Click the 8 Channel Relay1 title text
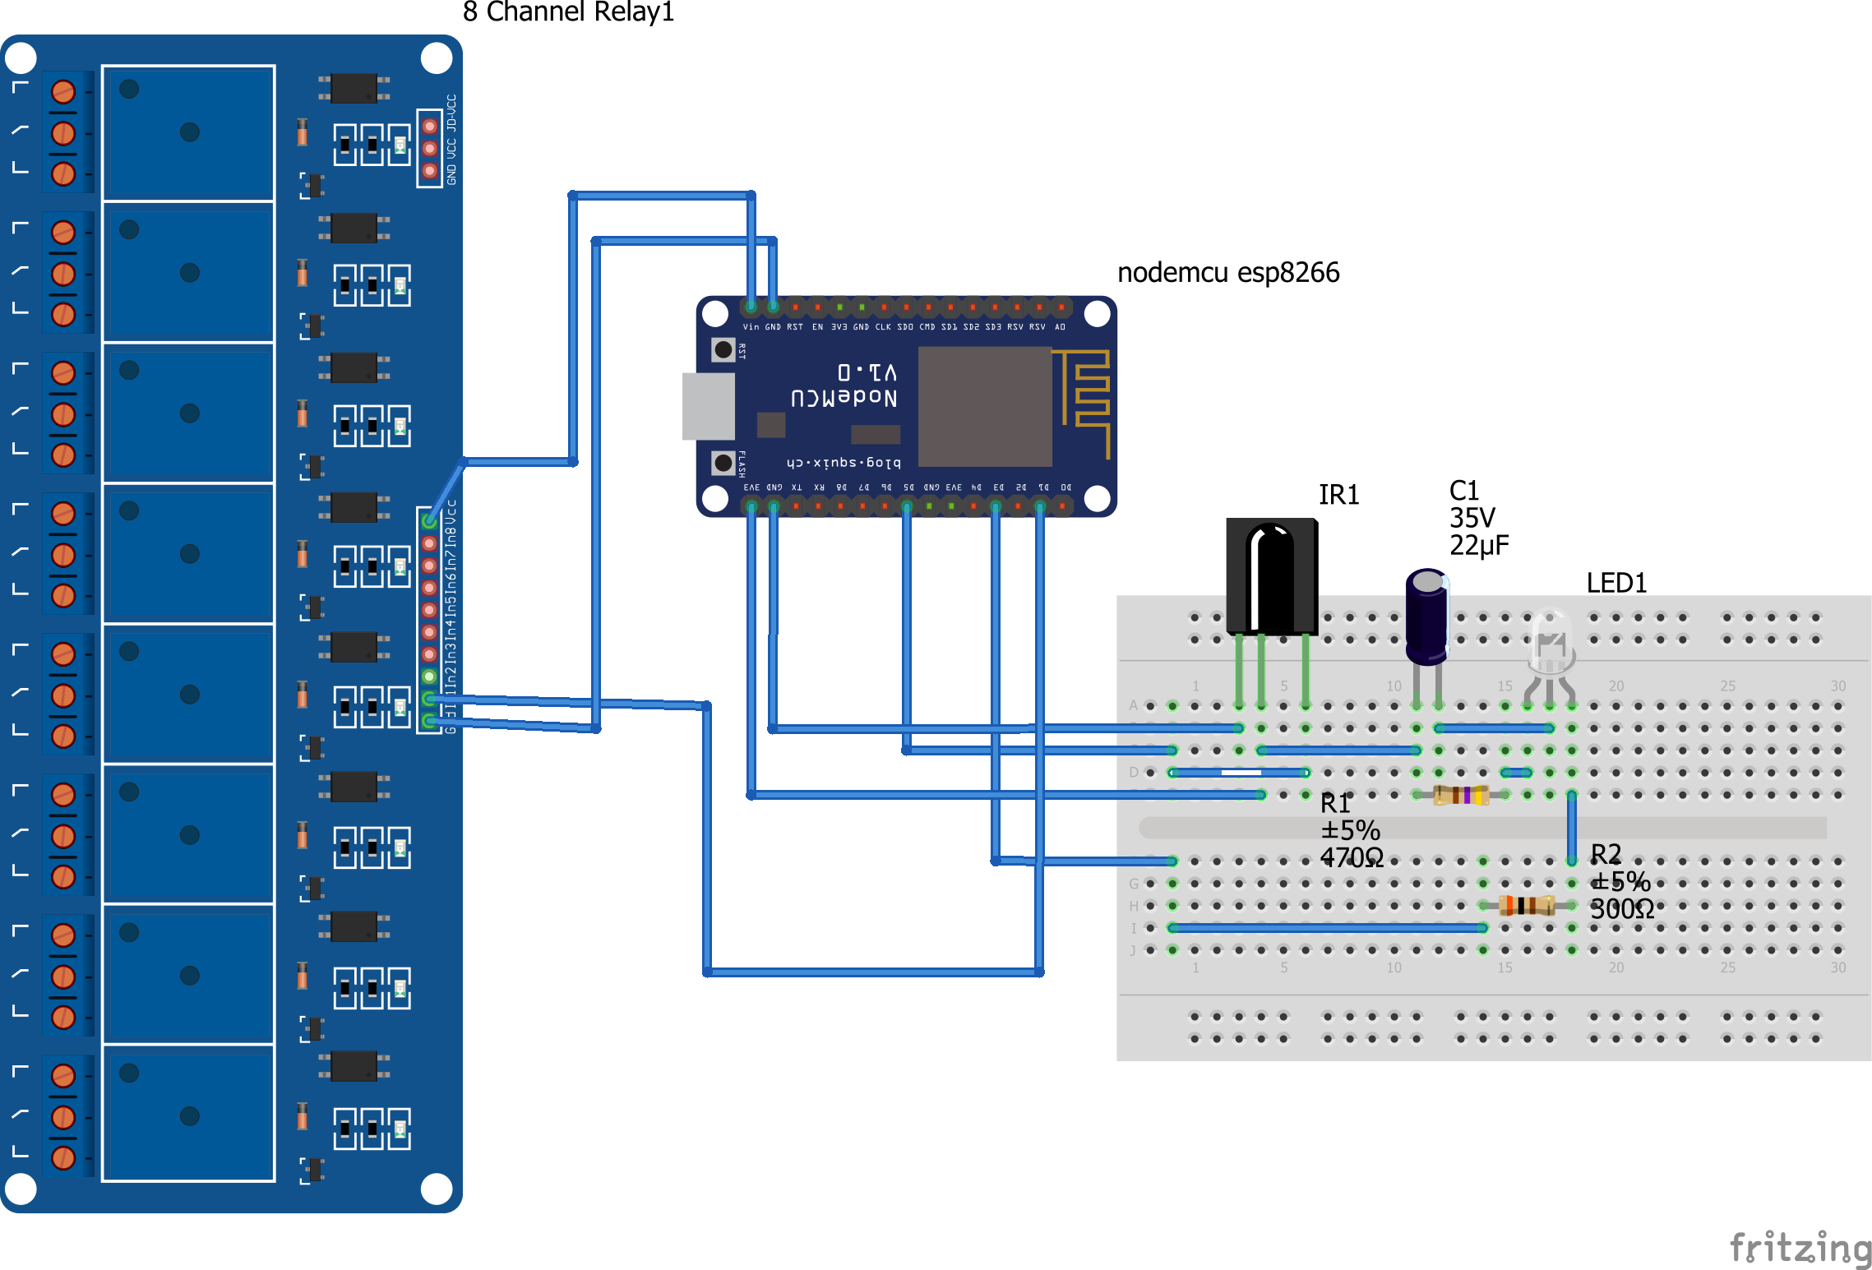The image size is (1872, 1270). click(x=568, y=12)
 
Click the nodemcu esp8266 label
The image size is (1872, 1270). click(x=1227, y=272)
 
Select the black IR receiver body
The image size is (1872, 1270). click(x=1271, y=575)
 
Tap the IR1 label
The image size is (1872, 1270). click(x=1338, y=495)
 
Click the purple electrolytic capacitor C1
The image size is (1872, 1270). click(x=1426, y=617)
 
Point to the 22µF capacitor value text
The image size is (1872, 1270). click(x=1478, y=546)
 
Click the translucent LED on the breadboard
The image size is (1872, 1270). click(x=1551, y=645)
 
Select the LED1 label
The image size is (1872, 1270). click(x=1615, y=583)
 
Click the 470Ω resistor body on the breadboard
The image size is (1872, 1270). click(x=1461, y=795)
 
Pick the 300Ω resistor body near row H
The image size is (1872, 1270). click(x=1526, y=906)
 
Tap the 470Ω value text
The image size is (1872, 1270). click(x=1352, y=858)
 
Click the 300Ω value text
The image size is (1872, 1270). click(x=1621, y=909)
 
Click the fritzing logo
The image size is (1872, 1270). click(x=1800, y=1248)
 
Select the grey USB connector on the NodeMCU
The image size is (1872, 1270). click(x=708, y=406)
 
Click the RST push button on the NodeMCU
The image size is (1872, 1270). click(x=723, y=350)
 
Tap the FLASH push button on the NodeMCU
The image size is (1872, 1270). click(x=723, y=463)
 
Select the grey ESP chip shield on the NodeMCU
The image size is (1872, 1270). click(x=984, y=406)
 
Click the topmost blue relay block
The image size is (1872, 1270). click(x=188, y=133)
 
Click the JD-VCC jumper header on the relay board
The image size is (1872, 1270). click(x=429, y=149)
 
